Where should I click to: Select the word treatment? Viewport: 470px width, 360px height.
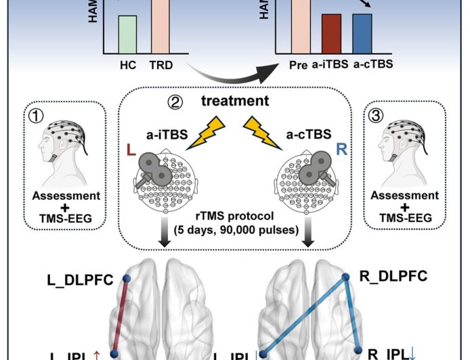coord(234,102)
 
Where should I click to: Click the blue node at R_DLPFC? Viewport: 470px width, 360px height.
coord(345,277)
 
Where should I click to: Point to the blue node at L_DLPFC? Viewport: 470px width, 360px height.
coord(126,278)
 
